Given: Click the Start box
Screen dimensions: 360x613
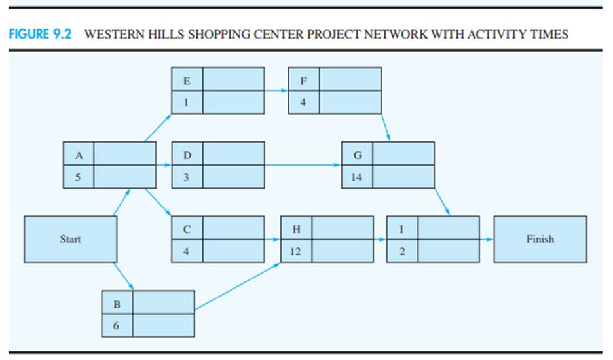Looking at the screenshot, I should [70, 240].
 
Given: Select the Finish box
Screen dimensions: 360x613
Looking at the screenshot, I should [540, 240].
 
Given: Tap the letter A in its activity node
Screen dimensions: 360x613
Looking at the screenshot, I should [79, 156].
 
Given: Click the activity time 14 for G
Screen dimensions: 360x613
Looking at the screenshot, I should [357, 177].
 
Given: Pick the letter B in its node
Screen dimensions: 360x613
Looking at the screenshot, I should [117, 304].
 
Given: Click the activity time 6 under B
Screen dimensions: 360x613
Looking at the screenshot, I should [117, 326].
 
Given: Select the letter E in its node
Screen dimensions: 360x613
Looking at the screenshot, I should [187, 81].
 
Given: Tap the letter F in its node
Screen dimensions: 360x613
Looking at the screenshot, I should [303, 81].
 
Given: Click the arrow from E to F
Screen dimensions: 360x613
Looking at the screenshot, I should [276, 91].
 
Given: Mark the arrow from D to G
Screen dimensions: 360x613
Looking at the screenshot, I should [303, 165].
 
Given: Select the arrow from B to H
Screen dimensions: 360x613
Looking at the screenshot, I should [238, 286].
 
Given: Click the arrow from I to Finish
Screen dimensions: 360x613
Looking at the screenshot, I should [486, 240].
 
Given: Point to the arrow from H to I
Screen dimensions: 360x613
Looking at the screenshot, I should [380, 240].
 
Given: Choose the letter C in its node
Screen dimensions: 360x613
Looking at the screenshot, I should [187, 230].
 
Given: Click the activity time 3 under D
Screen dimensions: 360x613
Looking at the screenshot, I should [187, 177].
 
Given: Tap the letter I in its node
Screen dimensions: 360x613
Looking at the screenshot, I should [401, 230].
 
